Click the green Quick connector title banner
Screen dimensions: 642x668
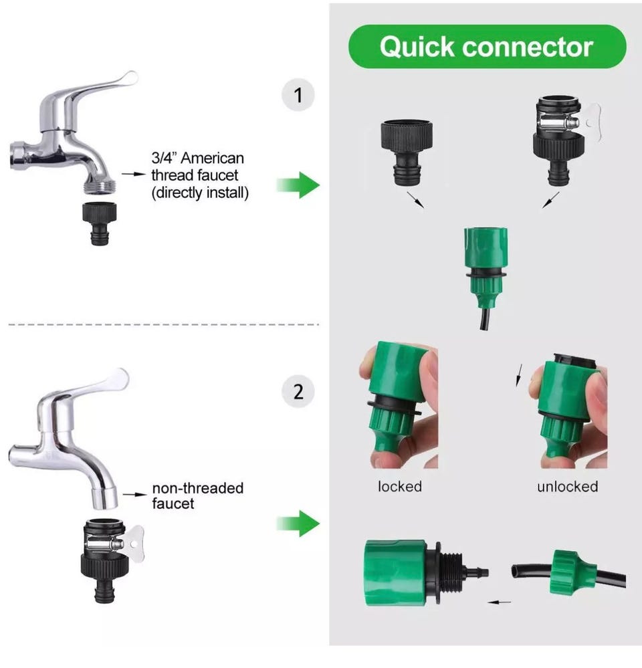(487, 46)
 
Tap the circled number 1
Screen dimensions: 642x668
(298, 94)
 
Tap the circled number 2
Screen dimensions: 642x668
(298, 392)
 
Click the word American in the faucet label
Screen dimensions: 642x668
(212, 158)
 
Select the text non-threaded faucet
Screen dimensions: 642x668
(198, 495)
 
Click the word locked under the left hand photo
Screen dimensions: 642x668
(400, 486)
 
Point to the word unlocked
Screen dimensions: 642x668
(568, 486)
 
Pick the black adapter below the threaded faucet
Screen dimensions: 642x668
(99, 223)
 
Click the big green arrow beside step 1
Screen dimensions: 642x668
(298, 185)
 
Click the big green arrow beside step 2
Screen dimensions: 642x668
(298, 523)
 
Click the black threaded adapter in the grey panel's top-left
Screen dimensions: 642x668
(407, 152)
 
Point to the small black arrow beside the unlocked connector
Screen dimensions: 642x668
(519, 375)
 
